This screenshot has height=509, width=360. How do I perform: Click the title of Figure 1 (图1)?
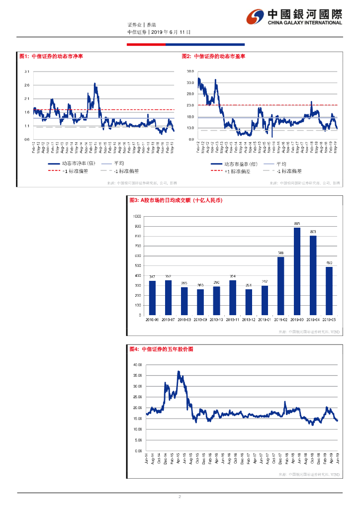tap(51, 57)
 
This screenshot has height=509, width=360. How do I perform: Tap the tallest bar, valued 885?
tap(297, 271)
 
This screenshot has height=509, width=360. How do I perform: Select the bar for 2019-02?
tap(281, 286)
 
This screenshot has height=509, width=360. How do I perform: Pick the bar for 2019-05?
tap(329, 291)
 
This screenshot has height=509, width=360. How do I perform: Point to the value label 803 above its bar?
tap(313, 232)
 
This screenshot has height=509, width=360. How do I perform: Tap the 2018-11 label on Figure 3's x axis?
tap(233, 320)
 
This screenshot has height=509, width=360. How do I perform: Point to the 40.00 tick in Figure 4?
tap(138, 365)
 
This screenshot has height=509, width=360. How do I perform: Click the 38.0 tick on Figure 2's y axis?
tap(190, 72)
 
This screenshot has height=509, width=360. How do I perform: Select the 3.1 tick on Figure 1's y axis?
tap(27, 72)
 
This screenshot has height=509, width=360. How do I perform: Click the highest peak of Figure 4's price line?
tap(179, 371)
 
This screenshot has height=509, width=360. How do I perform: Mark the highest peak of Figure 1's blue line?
tap(94, 84)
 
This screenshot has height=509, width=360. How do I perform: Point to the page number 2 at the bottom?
tap(180, 497)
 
